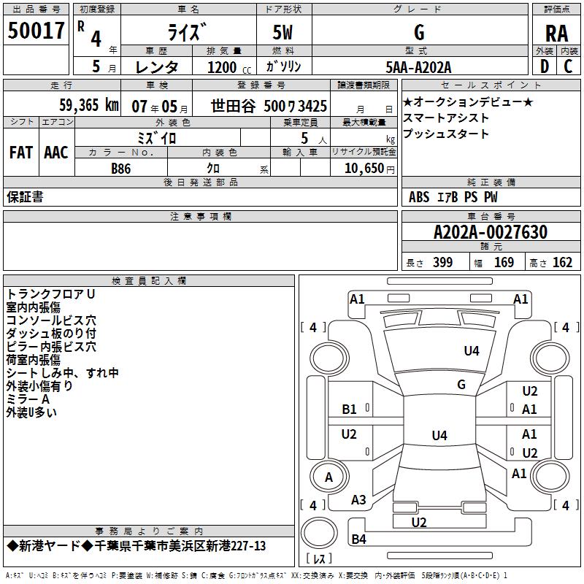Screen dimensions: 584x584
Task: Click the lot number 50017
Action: click(36, 31)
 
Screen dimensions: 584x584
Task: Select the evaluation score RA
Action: click(556, 34)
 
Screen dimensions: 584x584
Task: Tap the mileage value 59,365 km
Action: click(89, 105)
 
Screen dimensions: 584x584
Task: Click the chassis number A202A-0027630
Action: click(491, 232)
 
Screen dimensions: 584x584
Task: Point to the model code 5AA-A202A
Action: click(418, 67)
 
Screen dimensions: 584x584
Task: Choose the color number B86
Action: click(120, 169)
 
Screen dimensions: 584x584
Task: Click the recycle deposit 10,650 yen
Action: click(369, 169)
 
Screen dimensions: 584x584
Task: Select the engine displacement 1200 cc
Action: click(229, 67)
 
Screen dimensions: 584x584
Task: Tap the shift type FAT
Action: click(21, 153)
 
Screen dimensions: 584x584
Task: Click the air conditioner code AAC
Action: click(56, 153)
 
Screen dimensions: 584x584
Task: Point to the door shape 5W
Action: click(283, 32)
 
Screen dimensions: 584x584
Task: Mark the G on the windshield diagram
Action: click(461, 385)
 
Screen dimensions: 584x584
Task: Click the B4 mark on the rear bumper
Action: click(358, 539)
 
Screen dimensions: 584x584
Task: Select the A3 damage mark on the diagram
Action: click(358, 500)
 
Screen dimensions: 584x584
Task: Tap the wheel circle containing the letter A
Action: click(329, 477)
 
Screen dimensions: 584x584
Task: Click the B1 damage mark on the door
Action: click(349, 410)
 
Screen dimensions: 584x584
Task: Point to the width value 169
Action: click(504, 262)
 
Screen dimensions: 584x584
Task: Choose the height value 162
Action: click(562, 262)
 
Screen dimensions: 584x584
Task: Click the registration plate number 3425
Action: click(312, 106)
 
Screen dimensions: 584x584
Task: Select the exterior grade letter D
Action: click(545, 66)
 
